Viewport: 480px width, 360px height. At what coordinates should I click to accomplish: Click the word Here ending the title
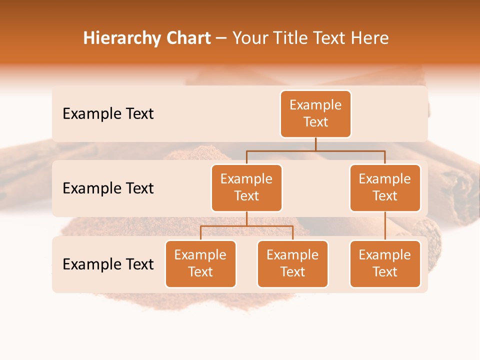(x=369, y=38)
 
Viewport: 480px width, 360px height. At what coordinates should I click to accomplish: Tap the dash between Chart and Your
(x=221, y=39)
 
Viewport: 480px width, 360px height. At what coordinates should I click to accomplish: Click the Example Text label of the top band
(x=108, y=114)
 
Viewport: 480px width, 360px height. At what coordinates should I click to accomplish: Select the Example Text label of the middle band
(x=108, y=188)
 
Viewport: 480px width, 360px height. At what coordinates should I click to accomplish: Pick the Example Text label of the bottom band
(x=108, y=264)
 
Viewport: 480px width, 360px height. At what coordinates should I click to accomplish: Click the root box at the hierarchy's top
(x=315, y=114)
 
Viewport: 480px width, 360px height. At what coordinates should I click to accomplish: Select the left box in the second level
(x=246, y=188)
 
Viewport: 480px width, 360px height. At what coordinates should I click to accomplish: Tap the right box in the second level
(x=385, y=188)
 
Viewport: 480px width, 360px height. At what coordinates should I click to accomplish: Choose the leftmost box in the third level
(x=200, y=264)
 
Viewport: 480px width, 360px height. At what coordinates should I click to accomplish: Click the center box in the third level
(x=292, y=264)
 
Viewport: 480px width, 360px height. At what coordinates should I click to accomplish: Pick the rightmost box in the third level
(x=385, y=264)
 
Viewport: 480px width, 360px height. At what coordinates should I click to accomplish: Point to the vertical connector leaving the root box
(x=315, y=144)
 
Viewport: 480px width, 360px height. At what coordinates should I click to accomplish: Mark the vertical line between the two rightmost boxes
(x=385, y=226)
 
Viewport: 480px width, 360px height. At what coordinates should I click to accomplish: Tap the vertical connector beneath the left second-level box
(x=246, y=218)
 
